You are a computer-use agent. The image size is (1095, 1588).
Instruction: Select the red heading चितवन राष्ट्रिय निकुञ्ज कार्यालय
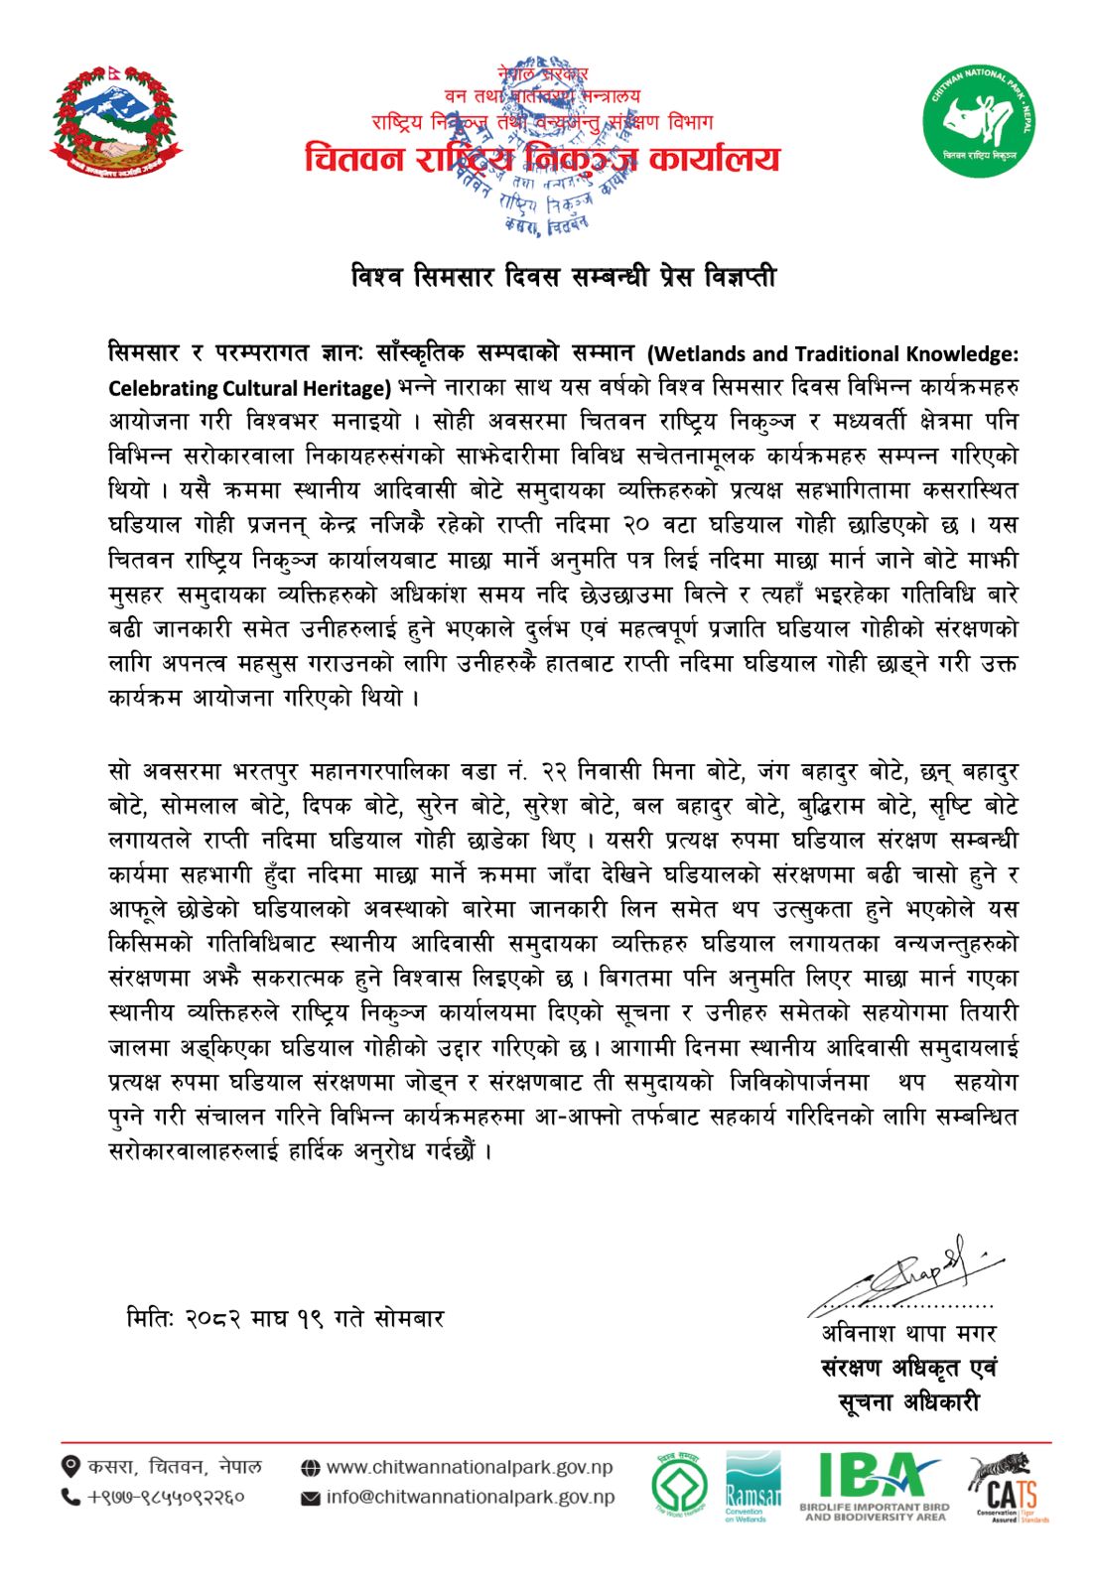(x=542, y=159)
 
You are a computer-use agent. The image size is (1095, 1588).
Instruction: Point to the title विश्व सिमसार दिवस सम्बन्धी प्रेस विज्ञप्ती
(x=564, y=277)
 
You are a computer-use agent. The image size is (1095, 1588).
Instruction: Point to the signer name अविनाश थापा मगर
(x=908, y=1333)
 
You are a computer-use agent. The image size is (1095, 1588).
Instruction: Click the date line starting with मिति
(x=285, y=1318)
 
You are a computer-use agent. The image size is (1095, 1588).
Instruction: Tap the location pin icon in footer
(x=70, y=1467)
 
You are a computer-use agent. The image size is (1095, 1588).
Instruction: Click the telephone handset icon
(x=70, y=1497)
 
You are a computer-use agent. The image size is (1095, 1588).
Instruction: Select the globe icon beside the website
(x=310, y=1468)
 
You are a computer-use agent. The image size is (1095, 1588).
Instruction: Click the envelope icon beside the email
(x=310, y=1498)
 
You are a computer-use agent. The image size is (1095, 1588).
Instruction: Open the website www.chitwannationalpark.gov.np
(x=469, y=1467)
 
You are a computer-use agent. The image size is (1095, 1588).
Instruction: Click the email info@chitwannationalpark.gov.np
(x=470, y=1497)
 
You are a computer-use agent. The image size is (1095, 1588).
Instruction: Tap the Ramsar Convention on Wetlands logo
(x=753, y=1486)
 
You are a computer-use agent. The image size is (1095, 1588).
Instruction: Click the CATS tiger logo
(x=1005, y=1486)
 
